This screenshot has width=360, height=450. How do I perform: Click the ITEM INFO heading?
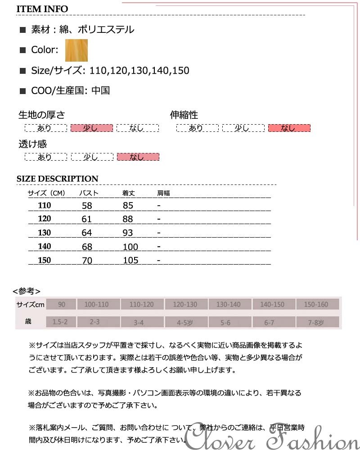pyautogui.click(x=42, y=9)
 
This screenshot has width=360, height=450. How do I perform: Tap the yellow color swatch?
pyautogui.click(x=76, y=50)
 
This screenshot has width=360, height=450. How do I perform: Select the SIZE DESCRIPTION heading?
pyautogui.click(x=57, y=179)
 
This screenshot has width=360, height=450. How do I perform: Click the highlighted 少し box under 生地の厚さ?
pyautogui.click(x=91, y=128)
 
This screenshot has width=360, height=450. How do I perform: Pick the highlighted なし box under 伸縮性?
pyautogui.click(x=289, y=128)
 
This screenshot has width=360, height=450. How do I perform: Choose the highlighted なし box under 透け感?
pyautogui.click(x=138, y=157)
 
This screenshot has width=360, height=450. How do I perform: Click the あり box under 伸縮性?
pyautogui.click(x=196, y=128)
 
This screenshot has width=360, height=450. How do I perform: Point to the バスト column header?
pyautogui.click(x=89, y=193)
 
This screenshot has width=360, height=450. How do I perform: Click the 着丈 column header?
pyautogui.click(x=129, y=193)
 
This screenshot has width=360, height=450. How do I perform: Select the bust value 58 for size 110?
pyautogui.click(x=87, y=206)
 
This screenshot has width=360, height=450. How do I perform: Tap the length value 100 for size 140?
pyautogui.click(x=130, y=247)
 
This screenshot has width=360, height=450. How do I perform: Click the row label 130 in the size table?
pyautogui.click(x=45, y=233)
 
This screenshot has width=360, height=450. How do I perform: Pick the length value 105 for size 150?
pyautogui.click(x=130, y=260)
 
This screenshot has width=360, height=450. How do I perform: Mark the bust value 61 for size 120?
pyautogui.click(x=87, y=219)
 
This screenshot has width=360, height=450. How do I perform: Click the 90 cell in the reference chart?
pyautogui.click(x=61, y=305)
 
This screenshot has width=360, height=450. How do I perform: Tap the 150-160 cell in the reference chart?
pyautogui.click(x=316, y=305)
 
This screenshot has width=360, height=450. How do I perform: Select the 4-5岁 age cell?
pyautogui.click(x=184, y=322)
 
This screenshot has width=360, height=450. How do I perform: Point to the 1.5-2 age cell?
pyautogui.click(x=60, y=322)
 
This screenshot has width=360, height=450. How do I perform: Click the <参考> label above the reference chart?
pyautogui.click(x=27, y=291)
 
